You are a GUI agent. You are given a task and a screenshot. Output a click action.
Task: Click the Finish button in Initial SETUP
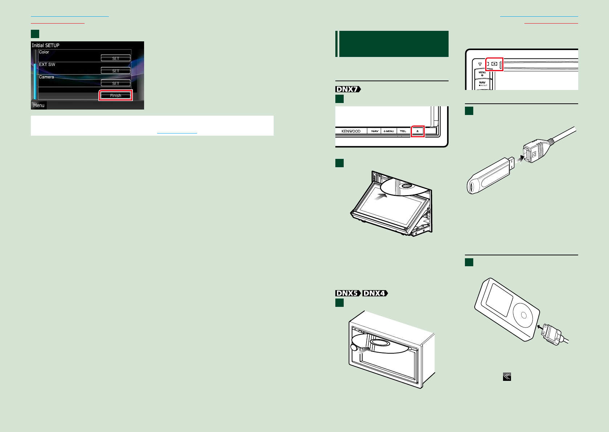tap(115, 95)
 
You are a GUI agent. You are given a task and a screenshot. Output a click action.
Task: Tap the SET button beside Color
tap(115, 58)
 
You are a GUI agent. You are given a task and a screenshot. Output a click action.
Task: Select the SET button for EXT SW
tap(115, 71)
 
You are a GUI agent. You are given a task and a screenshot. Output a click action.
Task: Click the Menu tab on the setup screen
tap(39, 106)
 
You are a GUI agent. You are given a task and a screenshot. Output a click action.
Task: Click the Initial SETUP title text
tap(45, 45)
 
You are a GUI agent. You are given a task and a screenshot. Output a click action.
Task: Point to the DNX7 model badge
tap(348, 89)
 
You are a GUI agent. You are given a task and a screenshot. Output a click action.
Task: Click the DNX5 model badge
tap(348, 293)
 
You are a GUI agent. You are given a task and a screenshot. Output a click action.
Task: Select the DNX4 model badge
tap(375, 293)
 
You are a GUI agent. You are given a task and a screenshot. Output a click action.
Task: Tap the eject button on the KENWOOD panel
tap(417, 131)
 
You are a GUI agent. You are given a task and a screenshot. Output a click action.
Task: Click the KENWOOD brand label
tap(351, 131)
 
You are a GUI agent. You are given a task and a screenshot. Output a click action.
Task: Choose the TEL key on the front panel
tap(403, 131)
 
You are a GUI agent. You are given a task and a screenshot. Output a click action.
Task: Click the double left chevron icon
tap(507, 377)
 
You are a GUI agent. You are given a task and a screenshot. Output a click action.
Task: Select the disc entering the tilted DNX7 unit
tap(403, 186)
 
